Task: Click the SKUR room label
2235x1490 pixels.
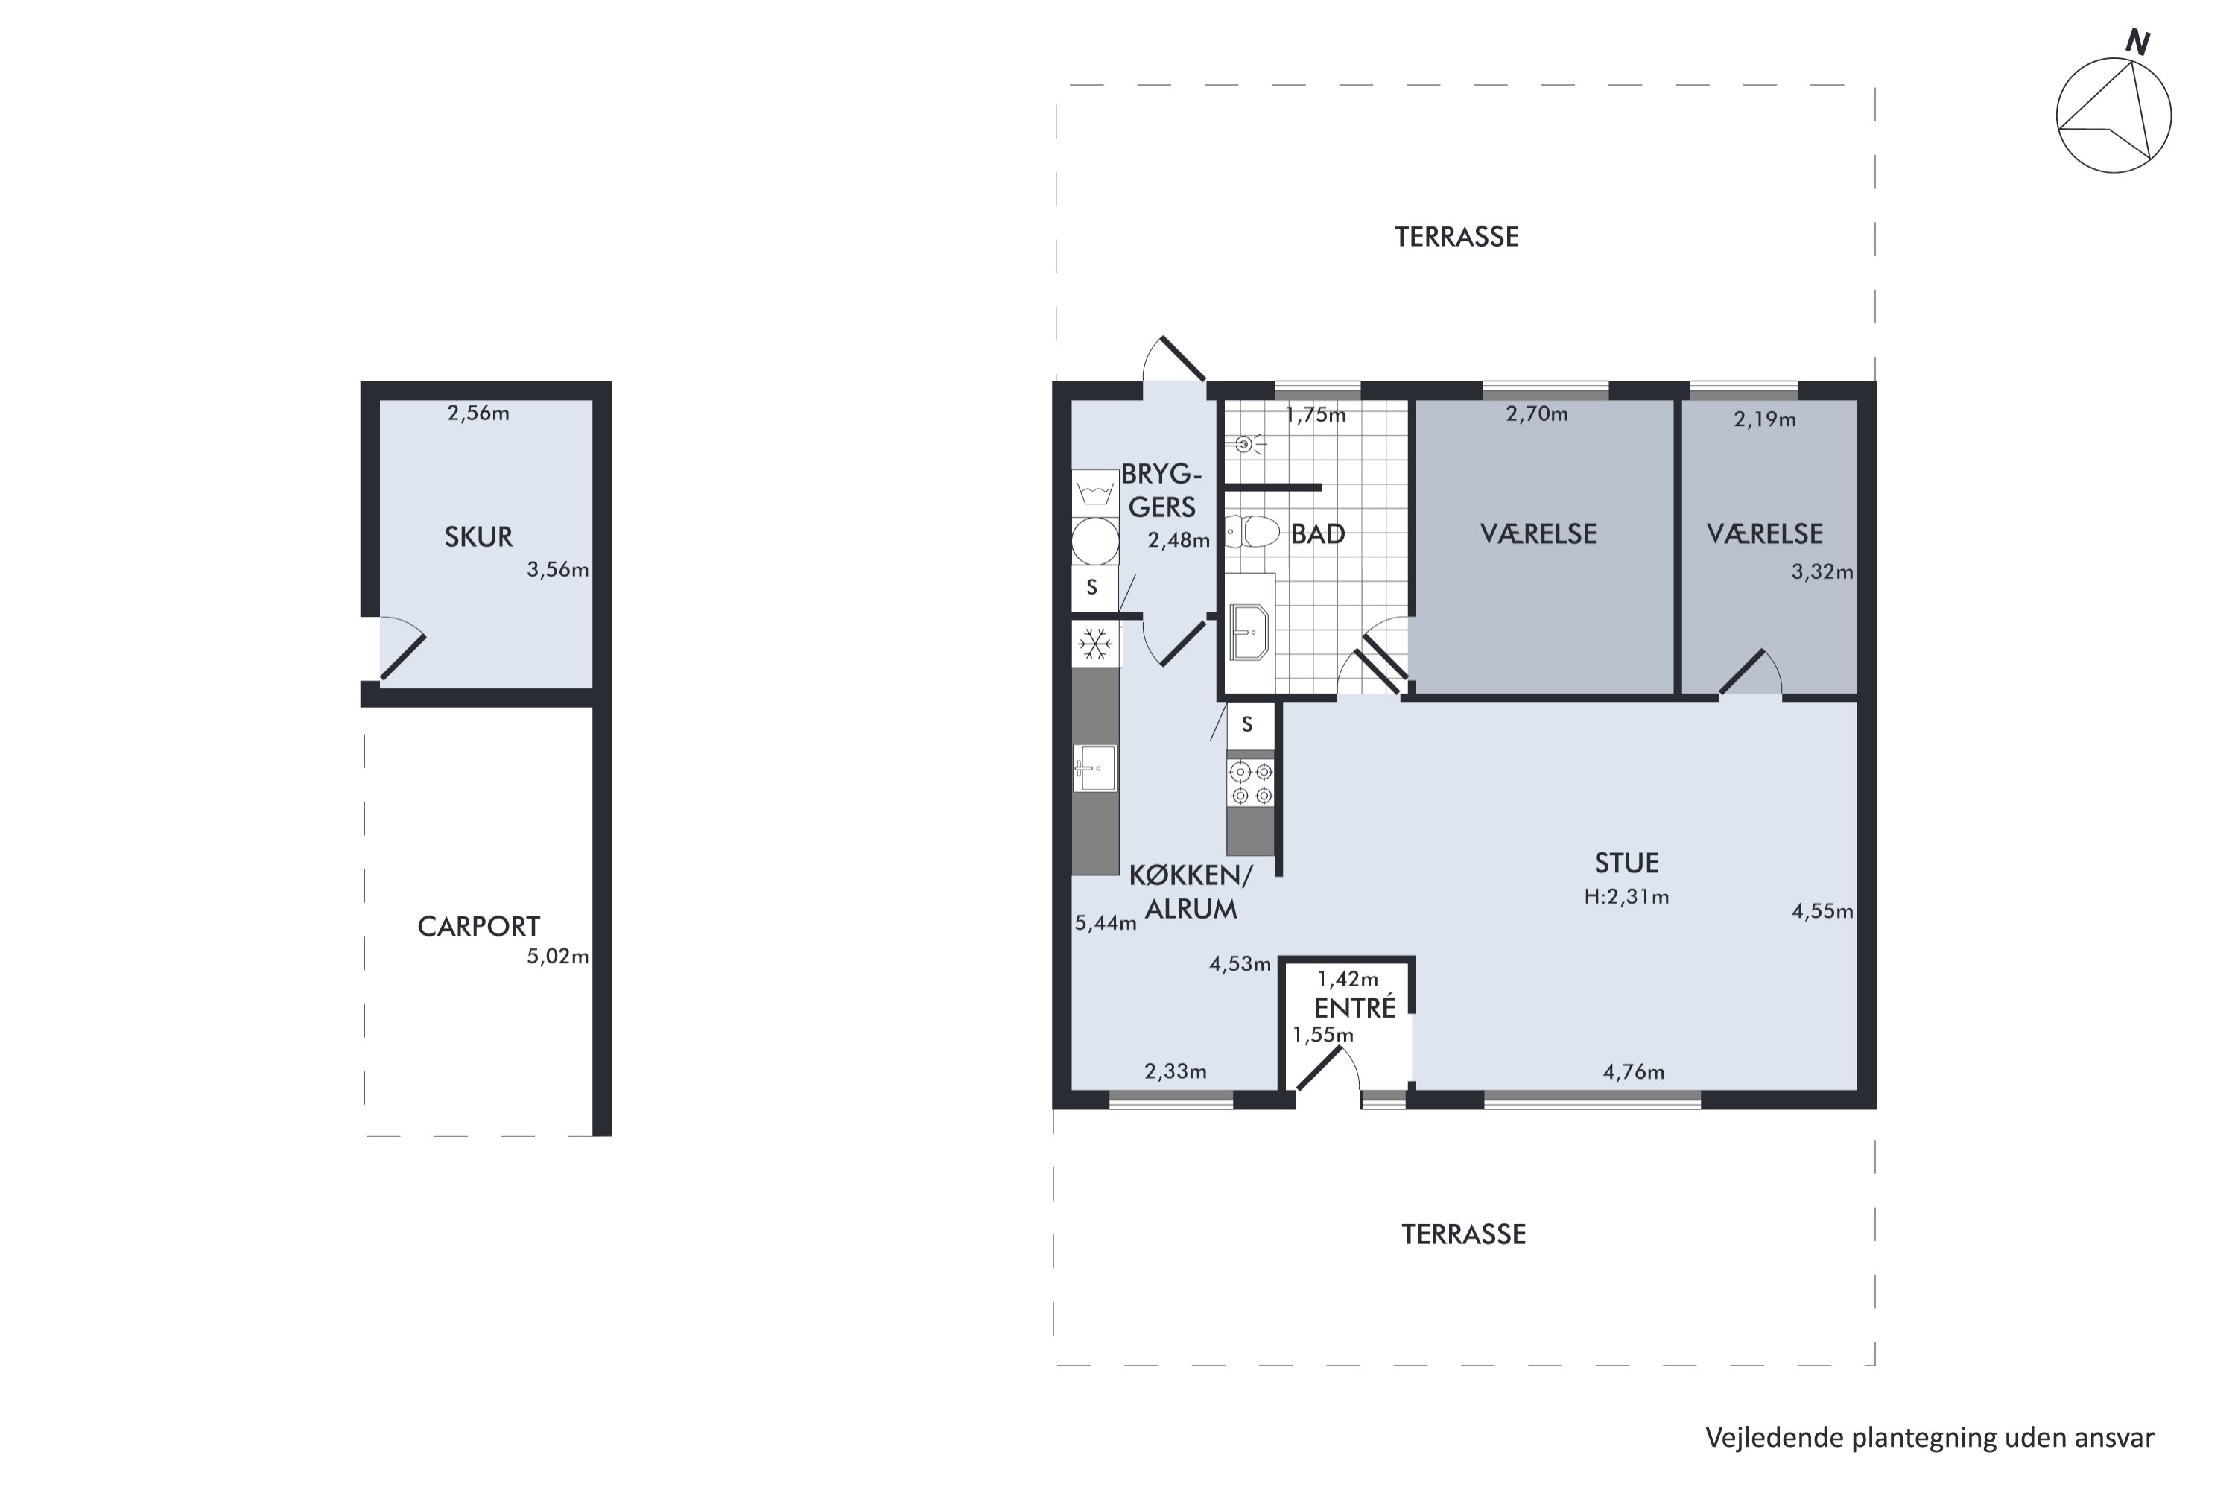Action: (x=478, y=537)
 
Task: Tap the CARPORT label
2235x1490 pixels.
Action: (x=478, y=927)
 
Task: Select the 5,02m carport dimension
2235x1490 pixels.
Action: (x=558, y=956)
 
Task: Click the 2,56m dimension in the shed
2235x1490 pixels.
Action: (x=478, y=413)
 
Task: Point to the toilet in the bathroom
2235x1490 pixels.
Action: (x=1251, y=531)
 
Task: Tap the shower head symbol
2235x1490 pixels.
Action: (x=1246, y=444)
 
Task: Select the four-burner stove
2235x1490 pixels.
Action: (x=1251, y=783)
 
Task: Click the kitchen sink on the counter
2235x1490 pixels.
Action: (x=1096, y=768)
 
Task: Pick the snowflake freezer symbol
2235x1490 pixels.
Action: (x=1096, y=644)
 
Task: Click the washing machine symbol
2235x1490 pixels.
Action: (x=1096, y=493)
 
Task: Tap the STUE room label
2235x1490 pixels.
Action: (x=1626, y=863)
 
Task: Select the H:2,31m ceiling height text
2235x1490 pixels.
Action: (x=1626, y=896)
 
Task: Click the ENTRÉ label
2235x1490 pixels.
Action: (x=1354, y=1007)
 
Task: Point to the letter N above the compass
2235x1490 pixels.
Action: (x=2138, y=42)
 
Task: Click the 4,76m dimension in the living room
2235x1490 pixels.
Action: (x=1634, y=1072)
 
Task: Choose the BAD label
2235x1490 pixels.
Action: (x=1318, y=534)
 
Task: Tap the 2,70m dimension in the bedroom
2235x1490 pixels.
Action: (x=1536, y=413)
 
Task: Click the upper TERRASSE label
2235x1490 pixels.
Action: (x=1456, y=237)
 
